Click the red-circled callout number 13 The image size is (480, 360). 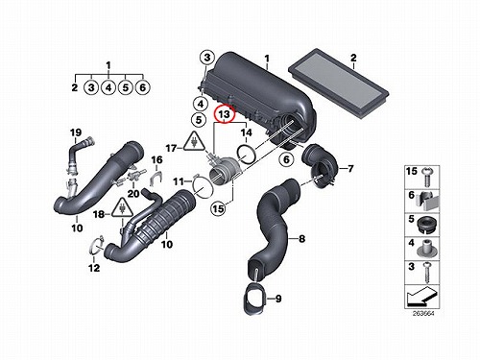point(225,114)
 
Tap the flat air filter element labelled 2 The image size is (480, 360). point(339,84)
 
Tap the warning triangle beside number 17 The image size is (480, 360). point(194,142)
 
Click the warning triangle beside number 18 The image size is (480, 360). point(122,208)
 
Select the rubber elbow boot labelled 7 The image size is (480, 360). point(320,165)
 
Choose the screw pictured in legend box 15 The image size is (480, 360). point(426,177)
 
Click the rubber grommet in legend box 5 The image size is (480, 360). point(426,225)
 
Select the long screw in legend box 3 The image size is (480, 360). point(427,273)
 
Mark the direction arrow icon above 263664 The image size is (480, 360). point(421,296)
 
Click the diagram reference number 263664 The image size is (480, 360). point(423,314)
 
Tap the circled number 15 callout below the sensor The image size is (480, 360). point(218,208)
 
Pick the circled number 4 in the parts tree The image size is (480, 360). point(108,87)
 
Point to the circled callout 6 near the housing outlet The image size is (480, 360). point(286,159)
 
